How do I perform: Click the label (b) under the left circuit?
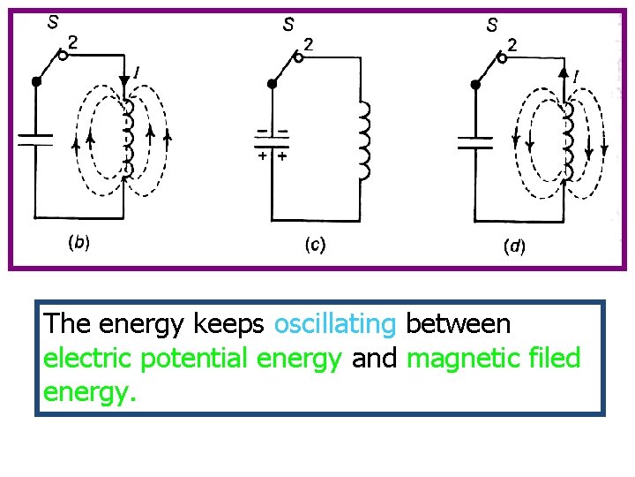[x=79, y=241]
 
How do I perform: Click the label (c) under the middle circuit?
[x=315, y=244]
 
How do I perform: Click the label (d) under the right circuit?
[x=513, y=247]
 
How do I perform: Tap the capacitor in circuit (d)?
[x=475, y=141]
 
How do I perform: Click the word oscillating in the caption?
[x=335, y=324]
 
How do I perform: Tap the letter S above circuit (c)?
[x=288, y=26]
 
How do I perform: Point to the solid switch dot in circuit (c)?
[x=273, y=84]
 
